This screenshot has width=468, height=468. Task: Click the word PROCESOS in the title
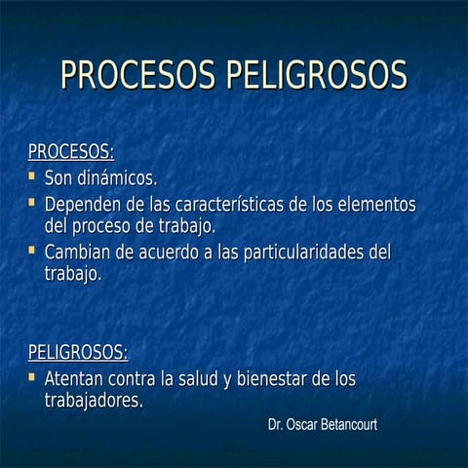click(x=138, y=75)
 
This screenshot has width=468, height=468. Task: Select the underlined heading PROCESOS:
click(x=71, y=152)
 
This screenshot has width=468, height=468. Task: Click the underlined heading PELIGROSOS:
click(x=78, y=352)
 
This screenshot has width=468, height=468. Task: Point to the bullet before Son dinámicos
click(x=32, y=177)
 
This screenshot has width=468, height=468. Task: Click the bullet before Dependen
click(x=32, y=204)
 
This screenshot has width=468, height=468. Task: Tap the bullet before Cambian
click(x=32, y=251)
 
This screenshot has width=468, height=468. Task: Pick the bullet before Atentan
click(x=32, y=376)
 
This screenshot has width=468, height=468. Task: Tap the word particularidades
click(x=294, y=252)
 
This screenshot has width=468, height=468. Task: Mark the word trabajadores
click(x=95, y=401)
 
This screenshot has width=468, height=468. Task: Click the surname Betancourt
click(x=343, y=426)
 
